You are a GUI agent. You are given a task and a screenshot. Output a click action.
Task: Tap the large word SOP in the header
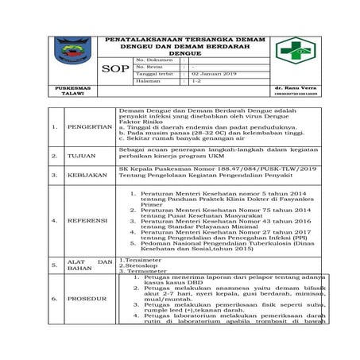tap(116, 70)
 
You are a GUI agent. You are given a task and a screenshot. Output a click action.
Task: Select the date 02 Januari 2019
tap(214, 73)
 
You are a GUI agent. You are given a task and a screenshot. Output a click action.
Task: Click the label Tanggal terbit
tap(156, 73)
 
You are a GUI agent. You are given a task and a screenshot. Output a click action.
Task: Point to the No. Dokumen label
tap(154, 59)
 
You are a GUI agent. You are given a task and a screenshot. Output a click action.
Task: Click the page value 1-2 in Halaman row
tap(196, 81)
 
